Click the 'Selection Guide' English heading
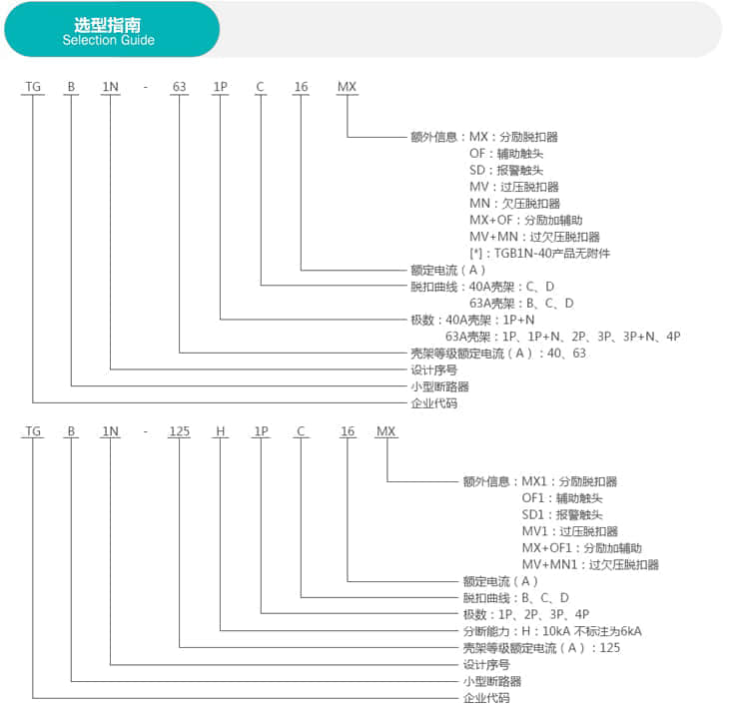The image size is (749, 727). tap(109, 40)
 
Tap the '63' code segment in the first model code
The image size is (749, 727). tap(179, 87)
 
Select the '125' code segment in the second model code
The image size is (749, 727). tap(180, 431)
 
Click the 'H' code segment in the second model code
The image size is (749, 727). tap(221, 431)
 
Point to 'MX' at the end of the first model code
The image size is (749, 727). tap(347, 87)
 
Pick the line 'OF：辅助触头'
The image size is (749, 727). tap(506, 154)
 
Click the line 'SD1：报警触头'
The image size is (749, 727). tap(562, 515)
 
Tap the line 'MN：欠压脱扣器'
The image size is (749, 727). tap(514, 204)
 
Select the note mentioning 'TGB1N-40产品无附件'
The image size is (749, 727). tap(539, 254)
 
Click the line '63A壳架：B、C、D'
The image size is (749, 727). tap(521, 304)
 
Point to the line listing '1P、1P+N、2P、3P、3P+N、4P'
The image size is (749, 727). tap(562, 337)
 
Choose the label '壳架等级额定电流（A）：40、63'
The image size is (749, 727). tap(498, 354)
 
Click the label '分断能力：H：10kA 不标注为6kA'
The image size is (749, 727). tap(552, 631)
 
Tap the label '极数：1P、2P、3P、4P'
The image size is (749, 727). tap(526, 615)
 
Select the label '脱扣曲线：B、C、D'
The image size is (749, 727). tap(516, 598)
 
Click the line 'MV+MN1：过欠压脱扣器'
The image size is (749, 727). tap(590, 565)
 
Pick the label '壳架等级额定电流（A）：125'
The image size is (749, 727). tap(541, 648)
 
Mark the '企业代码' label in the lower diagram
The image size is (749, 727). tap(486, 698)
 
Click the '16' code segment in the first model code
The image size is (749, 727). tap(301, 87)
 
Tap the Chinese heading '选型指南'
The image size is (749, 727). tap(108, 25)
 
